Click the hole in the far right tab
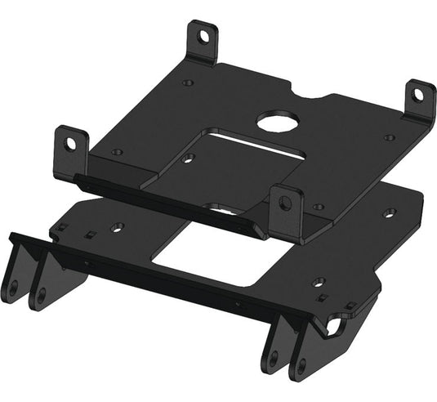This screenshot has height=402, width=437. click(x=420, y=96)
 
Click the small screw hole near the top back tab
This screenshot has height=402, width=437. click(x=188, y=83)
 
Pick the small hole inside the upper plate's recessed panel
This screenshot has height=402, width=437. click(x=189, y=158)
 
